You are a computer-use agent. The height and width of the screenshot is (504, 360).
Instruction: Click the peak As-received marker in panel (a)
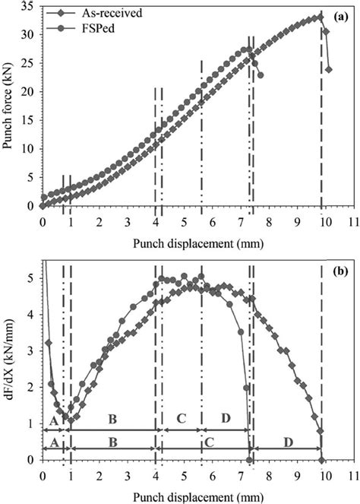tap(321, 17)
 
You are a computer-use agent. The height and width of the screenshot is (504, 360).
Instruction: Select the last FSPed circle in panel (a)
tap(261, 75)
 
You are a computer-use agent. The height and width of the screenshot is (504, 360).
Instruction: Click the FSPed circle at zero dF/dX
tap(249, 460)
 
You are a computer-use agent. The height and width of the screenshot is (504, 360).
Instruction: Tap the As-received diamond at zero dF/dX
tap(322, 460)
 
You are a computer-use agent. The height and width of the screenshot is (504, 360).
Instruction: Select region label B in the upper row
tap(112, 419)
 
